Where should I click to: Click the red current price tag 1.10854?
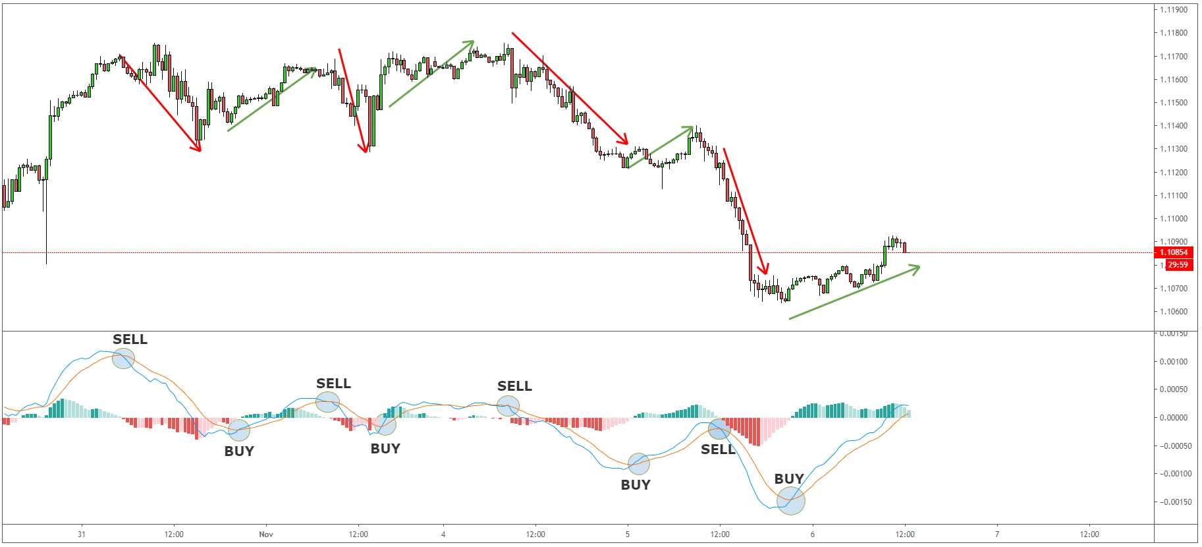pyautogui.click(x=1173, y=252)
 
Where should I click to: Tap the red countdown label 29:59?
pyautogui.click(x=1178, y=265)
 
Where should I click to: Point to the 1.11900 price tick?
pyautogui.click(x=1174, y=10)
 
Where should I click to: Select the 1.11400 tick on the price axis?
pyautogui.click(x=1174, y=126)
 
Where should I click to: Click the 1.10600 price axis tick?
pyautogui.click(x=1174, y=312)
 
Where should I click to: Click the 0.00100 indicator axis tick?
pyautogui.click(x=1174, y=361)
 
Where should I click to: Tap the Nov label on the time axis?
pyautogui.click(x=266, y=534)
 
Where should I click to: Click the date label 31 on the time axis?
pyautogui.click(x=82, y=534)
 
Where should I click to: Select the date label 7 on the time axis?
pyautogui.click(x=997, y=534)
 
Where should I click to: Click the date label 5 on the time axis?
pyautogui.click(x=628, y=534)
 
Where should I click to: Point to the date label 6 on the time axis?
pyautogui.click(x=813, y=534)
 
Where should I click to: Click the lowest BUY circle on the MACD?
pyautogui.click(x=791, y=501)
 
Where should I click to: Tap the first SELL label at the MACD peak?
pyautogui.click(x=130, y=339)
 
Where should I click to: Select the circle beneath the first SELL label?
pyautogui.click(x=123, y=359)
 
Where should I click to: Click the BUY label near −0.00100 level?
pyautogui.click(x=636, y=485)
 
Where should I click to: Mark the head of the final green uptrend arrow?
pyautogui.click(x=919, y=266)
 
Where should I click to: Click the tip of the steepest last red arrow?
pyautogui.click(x=767, y=273)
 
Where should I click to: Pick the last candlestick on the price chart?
pyautogui.click(x=905, y=247)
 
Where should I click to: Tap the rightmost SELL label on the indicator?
pyautogui.click(x=718, y=449)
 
